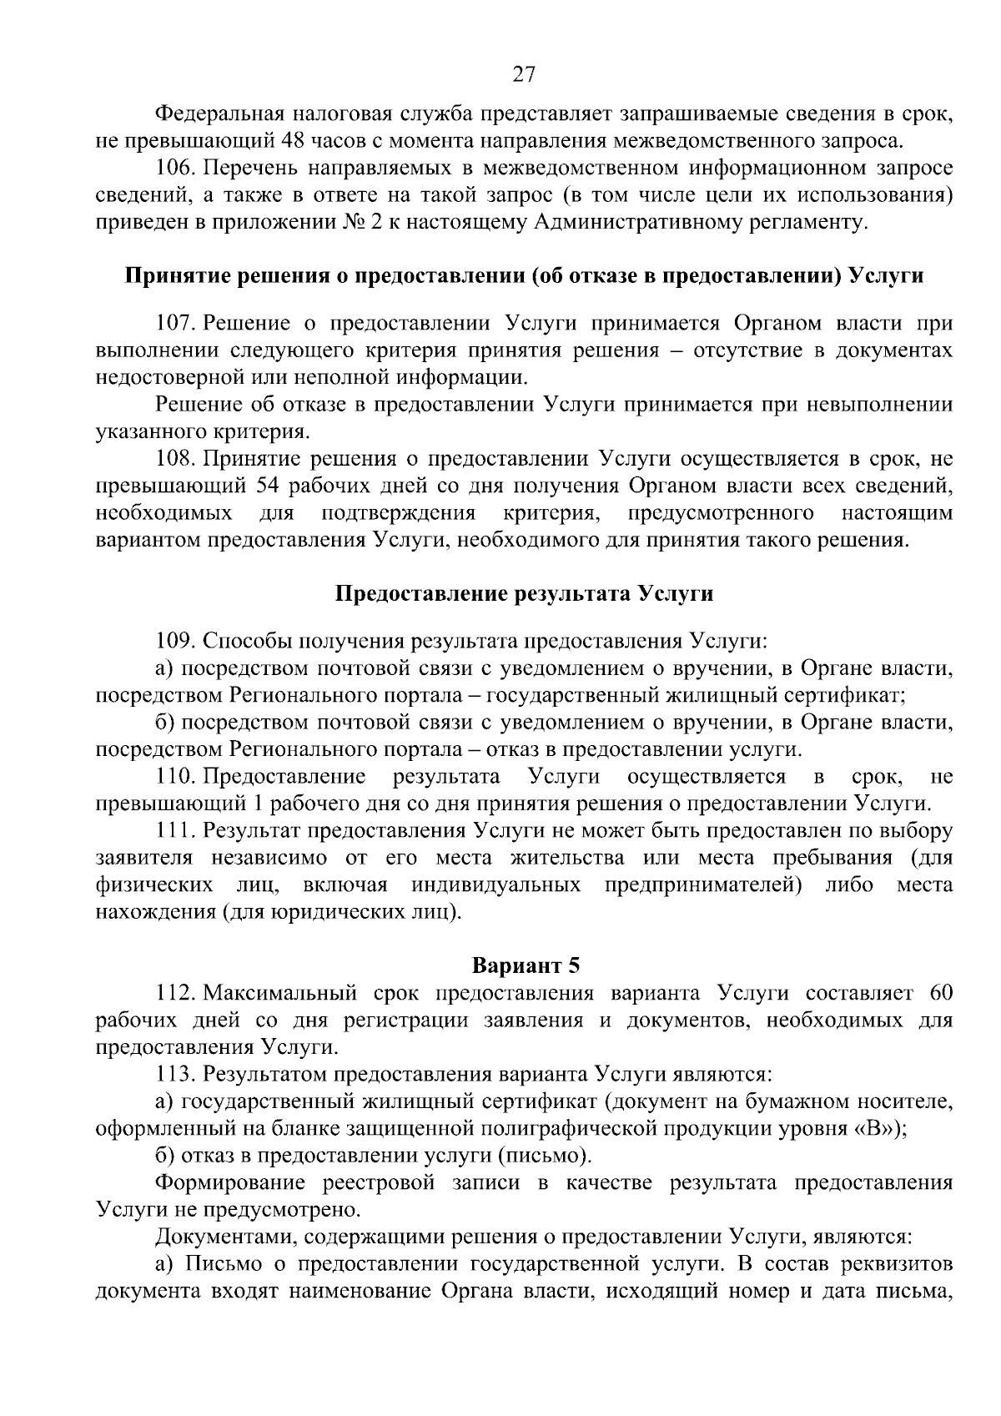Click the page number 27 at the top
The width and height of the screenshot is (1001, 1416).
tap(523, 75)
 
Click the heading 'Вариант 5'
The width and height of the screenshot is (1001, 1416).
tap(526, 965)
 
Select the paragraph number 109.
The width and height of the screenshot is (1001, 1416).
tap(174, 641)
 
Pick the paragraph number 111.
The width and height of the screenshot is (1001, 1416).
tap(174, 831)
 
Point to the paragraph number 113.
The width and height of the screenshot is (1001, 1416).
tap(174, 1074)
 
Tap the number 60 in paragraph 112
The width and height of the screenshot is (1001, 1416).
tap(939, 993)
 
